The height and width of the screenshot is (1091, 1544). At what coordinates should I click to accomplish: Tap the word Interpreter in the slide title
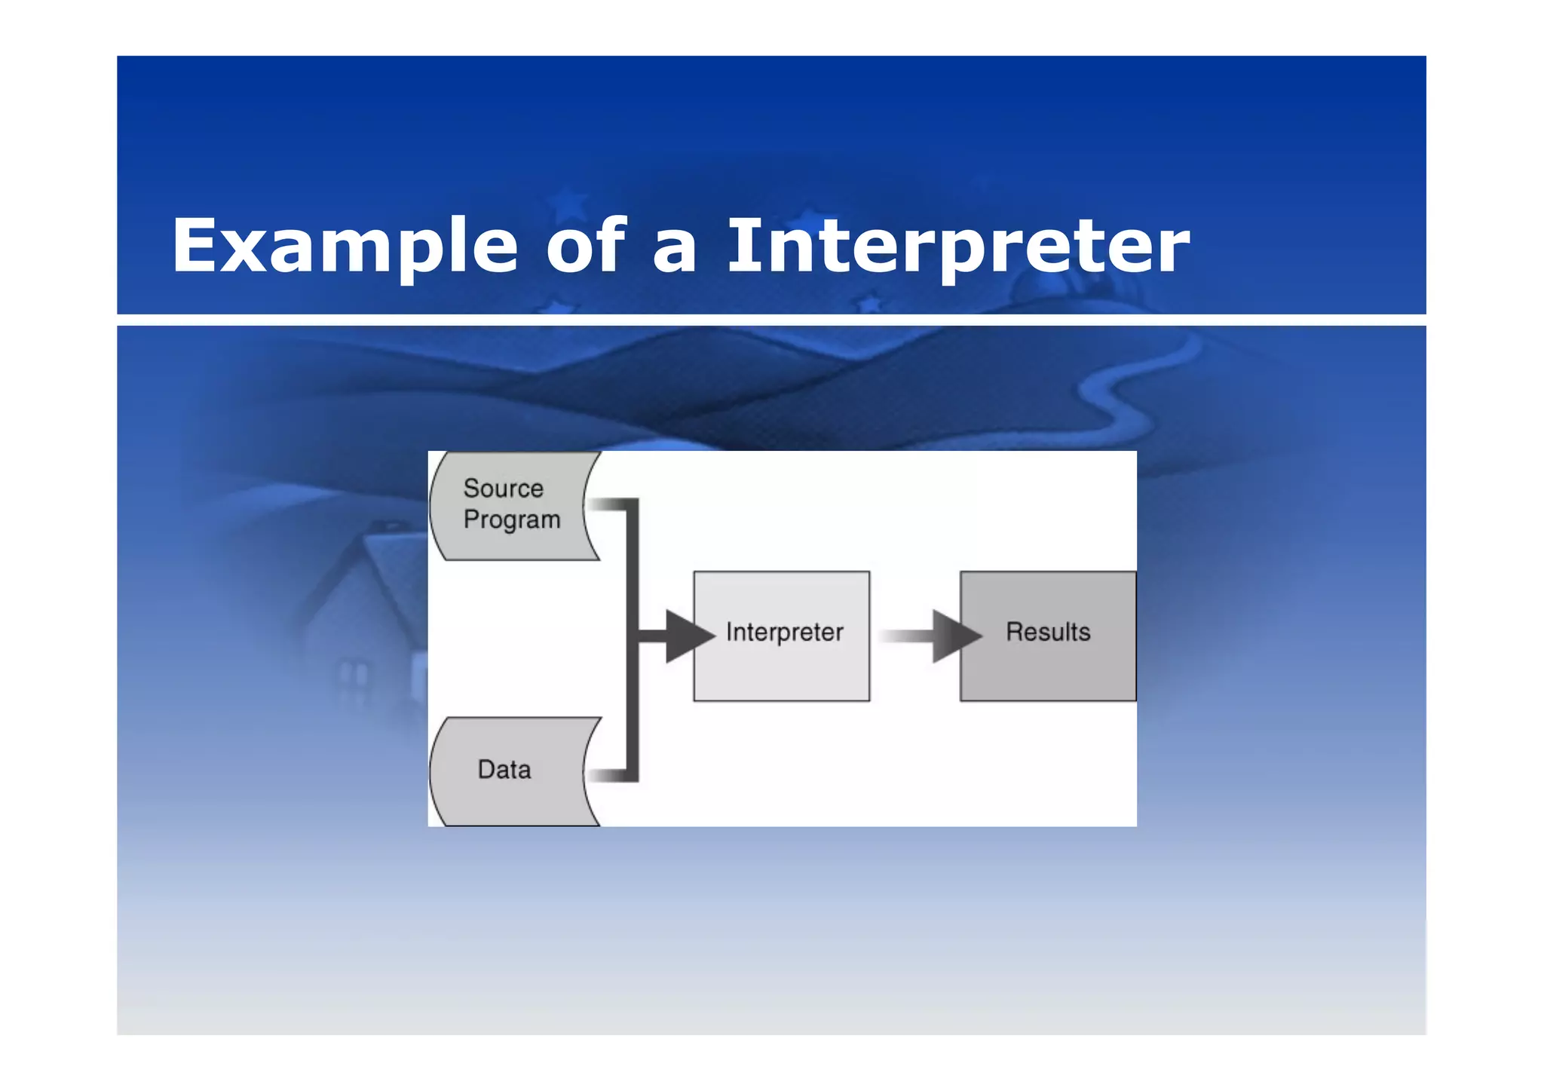click(957, 246)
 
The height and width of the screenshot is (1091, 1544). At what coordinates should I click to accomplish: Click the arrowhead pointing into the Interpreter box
click(687, 636)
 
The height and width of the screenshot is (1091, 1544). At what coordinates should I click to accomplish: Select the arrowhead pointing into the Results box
click(954, 636)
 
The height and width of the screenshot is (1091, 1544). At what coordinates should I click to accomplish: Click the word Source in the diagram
click(503, 489)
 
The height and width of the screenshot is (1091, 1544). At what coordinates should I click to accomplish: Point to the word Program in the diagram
click(512, 520)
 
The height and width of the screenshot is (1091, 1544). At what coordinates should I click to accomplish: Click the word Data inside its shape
click(504, 770)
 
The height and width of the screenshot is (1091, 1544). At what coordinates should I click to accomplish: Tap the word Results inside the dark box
click(1048, 632)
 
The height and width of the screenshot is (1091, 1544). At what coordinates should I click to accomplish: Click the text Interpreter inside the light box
click(784, 632)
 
